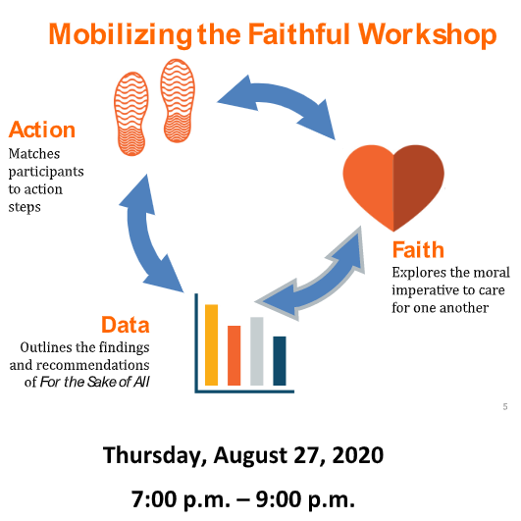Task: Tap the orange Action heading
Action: pos(41,130)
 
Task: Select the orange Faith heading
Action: pos(418,249)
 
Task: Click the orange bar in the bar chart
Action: pos(234,355)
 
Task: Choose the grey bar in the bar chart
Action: pos(256,350)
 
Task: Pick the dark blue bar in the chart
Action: pos(279,360)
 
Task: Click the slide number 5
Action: pos(504,406)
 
